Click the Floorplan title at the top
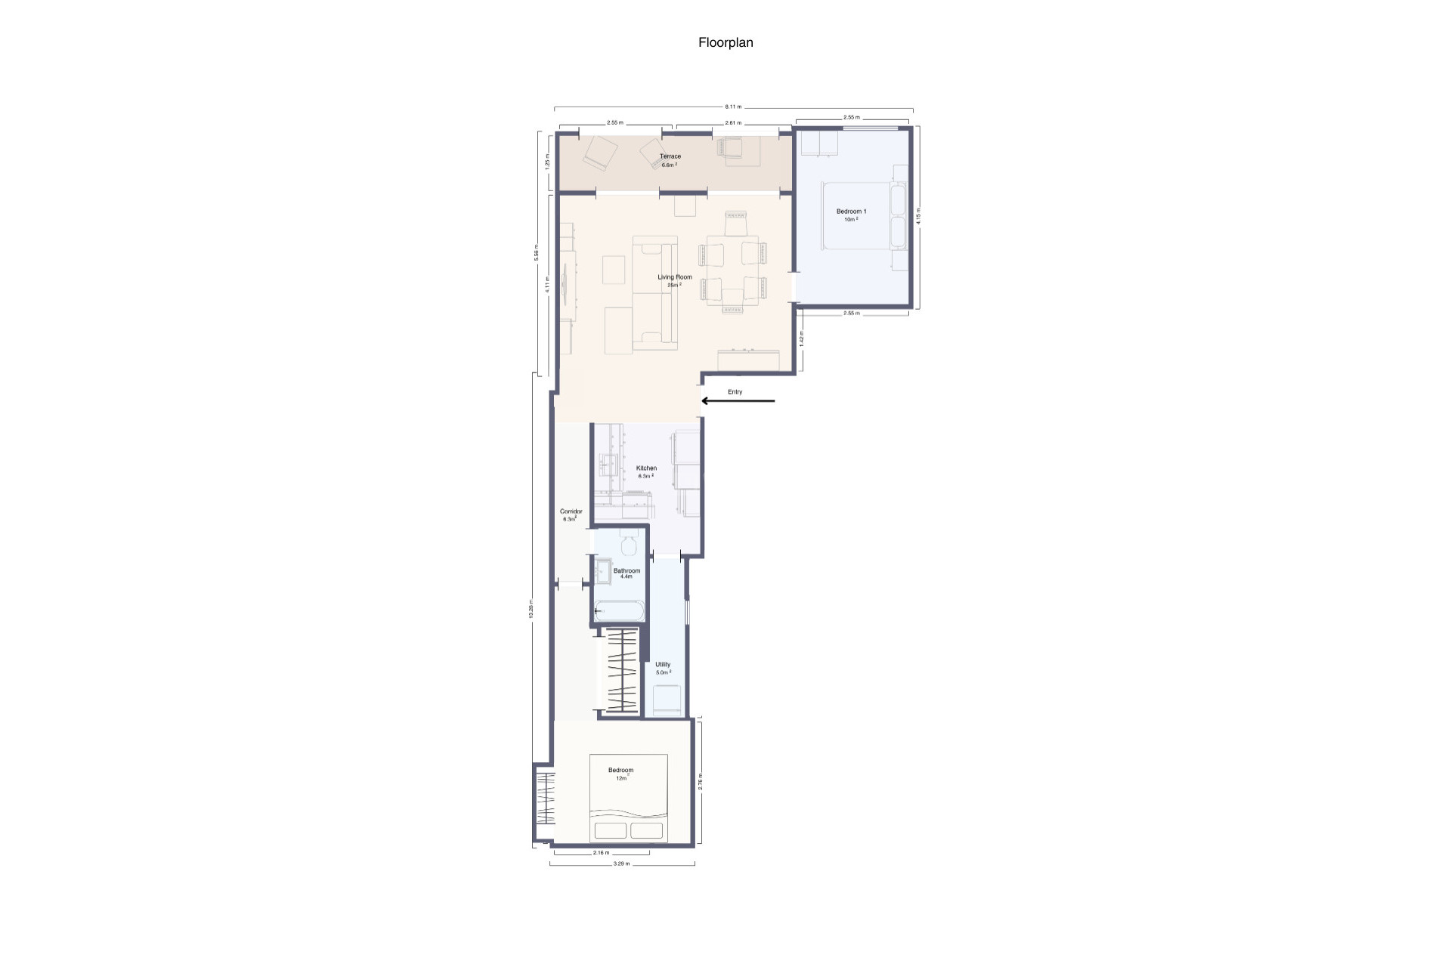[725, 43]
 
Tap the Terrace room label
[670, 156]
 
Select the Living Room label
[674, 277]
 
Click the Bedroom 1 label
[851, 212]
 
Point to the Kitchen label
[646, 468]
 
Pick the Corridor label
[571, 511]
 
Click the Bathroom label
[626, 570]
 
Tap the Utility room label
[663, 665]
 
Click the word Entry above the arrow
[735, 392]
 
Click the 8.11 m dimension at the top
[733, 107]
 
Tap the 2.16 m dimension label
[601, 853]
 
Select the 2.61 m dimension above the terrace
[732, 122]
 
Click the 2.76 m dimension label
[701, 780]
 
